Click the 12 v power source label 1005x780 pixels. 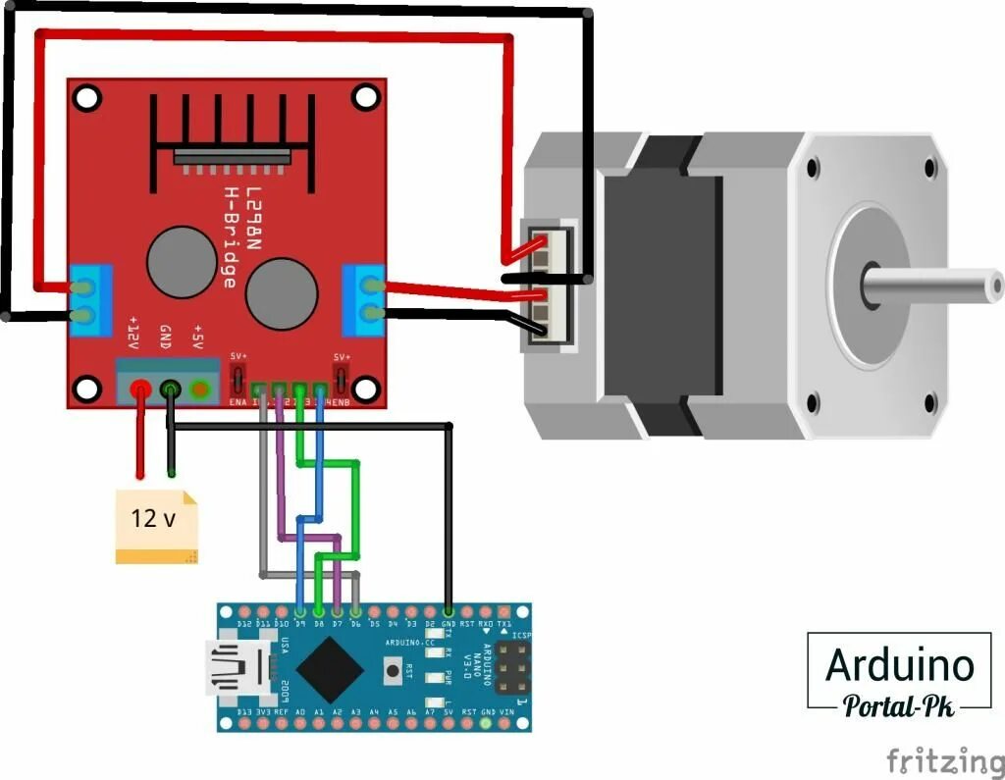pyautogui.click(x=154, y=519)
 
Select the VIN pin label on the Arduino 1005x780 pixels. pyautogui.click(x=504, y=712)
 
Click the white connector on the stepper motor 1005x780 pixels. pyautogui.click(x=549, y=285)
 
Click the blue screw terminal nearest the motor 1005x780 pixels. pyautogui.click(x=362, y=300)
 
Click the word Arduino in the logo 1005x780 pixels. pyautogui.click(x=900, y=665)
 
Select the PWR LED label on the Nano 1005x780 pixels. pyautogui.click(x=448, y=676)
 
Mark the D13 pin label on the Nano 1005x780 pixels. pyautogui.click(x=244, y=712)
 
